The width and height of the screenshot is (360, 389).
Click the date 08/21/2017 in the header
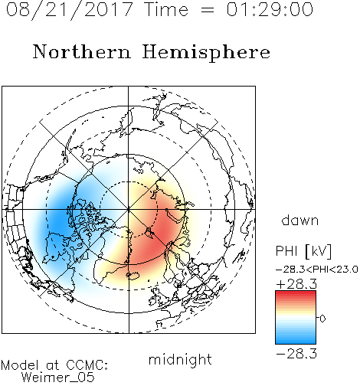70,10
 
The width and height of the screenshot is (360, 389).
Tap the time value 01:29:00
270,9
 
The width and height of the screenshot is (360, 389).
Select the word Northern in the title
82,51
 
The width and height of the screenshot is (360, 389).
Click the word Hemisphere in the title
206,53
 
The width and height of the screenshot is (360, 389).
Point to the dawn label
300,221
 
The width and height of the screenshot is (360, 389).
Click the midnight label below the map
180,359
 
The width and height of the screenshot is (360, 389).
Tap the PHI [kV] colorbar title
304,251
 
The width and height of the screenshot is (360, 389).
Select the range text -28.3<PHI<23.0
317,270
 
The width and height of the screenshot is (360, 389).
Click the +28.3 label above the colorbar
296,284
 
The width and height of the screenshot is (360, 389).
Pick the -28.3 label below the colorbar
296,354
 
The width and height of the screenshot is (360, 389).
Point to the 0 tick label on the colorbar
322,319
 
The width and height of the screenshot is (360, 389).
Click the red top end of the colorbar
296,293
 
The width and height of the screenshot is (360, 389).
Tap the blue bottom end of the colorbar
296,342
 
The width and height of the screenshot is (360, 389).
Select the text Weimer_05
58,377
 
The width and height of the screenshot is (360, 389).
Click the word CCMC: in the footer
87,365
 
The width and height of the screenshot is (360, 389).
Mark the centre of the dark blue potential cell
59,219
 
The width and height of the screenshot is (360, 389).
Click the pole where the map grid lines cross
129,209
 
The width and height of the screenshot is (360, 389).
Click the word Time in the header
167,9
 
